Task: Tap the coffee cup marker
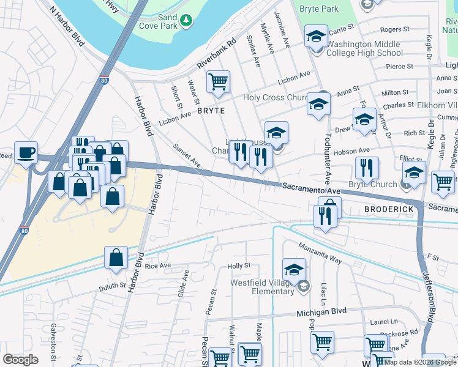pyautogui.click(x=26, y=153)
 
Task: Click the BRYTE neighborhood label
pyautogui.click(x=211, y=111)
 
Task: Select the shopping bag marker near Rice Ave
pyautogui.click(x=116, y=258)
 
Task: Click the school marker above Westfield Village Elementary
pyautogui.click(x=294, y=269)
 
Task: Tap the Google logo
pyautogui.click(x=21, y=359)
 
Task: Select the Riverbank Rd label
pyautogui.click(x=216, y=55)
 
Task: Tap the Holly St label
pyautogui.click(x=239, y=265)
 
